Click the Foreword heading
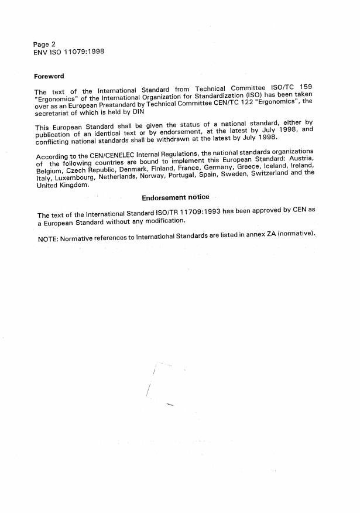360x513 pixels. point(49,76)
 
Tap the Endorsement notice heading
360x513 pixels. point(175,197)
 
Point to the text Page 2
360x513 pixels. point(44,45)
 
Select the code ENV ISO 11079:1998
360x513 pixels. point(69,52)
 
